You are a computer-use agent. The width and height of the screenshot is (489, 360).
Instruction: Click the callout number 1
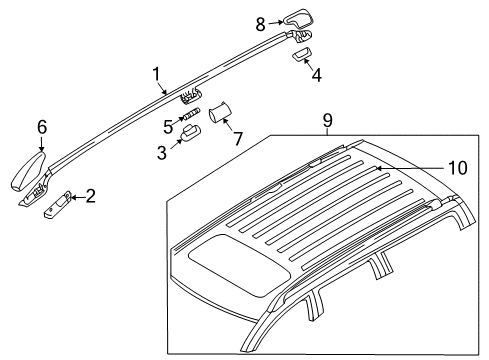point(156,73)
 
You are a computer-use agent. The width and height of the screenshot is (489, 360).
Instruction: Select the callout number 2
point(90,196)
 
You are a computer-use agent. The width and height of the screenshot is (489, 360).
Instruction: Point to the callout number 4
point(317,74)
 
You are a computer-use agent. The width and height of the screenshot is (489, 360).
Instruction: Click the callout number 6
point(42,126)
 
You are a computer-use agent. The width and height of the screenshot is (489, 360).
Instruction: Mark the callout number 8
point(261,22)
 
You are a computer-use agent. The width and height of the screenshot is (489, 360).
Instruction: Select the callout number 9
point(328,120)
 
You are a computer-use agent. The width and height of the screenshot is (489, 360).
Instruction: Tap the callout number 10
point(456,168)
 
